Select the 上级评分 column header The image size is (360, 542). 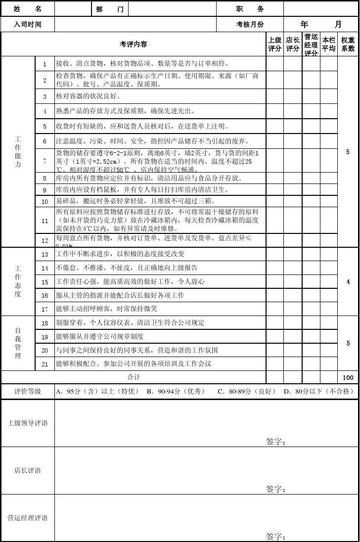(x=274, y=43)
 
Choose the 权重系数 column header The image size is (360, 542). (x=347, y=43)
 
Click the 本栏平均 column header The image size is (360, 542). (x=328, y=43)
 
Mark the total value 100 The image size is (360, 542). (x=347, y=377)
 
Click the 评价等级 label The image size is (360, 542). (x=25, y=391)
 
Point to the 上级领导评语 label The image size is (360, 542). (x=27, y=425)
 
